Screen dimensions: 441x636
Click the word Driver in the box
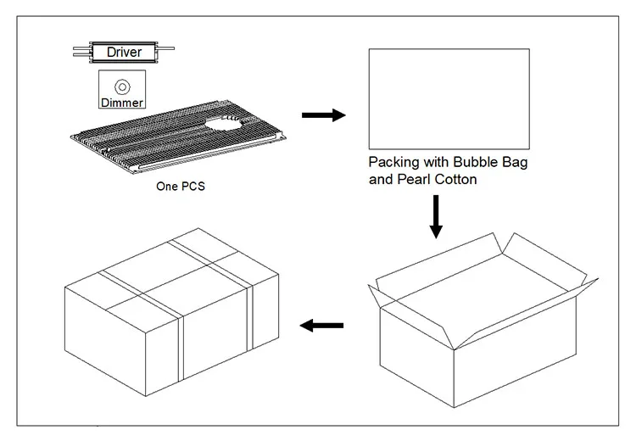pos(124,53)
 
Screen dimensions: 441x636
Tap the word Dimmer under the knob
pos(122,103)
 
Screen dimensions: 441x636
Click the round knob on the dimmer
pos(122,86)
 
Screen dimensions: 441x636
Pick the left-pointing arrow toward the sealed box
pos(323,325)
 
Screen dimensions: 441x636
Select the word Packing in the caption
pos(393,162)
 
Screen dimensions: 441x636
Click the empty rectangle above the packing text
pos(449,99)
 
